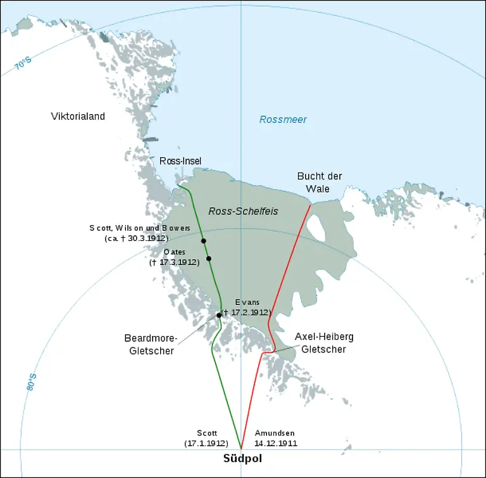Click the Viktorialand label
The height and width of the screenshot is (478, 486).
[x=78, y=116]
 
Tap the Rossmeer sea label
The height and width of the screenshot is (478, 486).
[x=283, y=119]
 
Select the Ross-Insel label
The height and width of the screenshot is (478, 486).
[x=180, y=161]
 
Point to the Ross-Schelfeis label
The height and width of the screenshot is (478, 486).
[x=243, y=210]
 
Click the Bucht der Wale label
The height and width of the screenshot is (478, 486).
[x=320, y=182]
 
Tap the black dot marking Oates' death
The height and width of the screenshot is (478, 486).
[x=208, y=258]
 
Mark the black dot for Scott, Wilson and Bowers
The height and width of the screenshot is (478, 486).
[x=204, y=241]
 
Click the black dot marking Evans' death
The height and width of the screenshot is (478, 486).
[x=219, y=315]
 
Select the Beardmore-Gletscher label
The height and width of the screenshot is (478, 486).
[x=149, y=344]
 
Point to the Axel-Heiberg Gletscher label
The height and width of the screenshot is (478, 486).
[x=323, y=343]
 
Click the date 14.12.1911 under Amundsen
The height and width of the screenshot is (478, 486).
[x=276, y=444]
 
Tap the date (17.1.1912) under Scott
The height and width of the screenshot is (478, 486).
[x=206, y=444]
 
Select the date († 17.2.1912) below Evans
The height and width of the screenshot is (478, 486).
[x=246, y=313]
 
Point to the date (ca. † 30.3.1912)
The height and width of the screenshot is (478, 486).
[x=136, y=238]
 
